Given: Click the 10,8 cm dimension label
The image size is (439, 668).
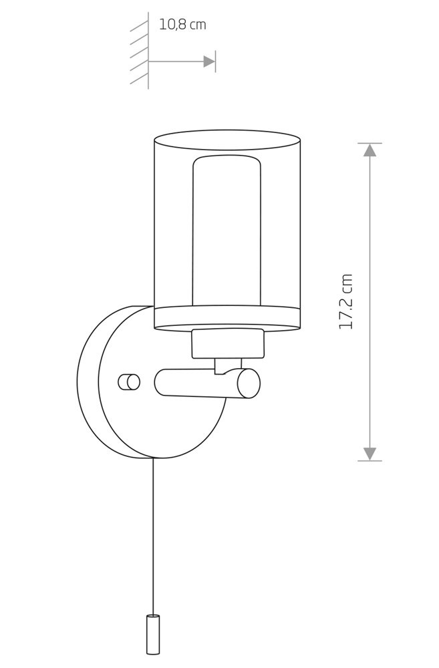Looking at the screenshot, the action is pyautogui.click(x=182, y=24).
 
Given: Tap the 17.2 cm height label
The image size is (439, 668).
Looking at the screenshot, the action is pyautogui.click(x=345, y=301).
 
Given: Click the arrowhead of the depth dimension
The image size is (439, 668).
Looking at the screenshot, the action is pyautogui.click(x=209, y=61).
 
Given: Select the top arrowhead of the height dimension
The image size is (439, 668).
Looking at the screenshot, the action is pyautogui.click(x=370, y=150).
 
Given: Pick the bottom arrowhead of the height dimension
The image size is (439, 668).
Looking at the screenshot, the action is pyautogui.click(x=370, y=454).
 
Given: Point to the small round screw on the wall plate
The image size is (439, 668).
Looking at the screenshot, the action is pyautogui.click(x=129, y=381).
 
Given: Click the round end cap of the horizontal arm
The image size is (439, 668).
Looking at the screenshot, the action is pyautogui.click(x=249, y=383).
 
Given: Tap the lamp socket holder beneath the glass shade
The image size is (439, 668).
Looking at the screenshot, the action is pyautogui.click(x=229, y=343).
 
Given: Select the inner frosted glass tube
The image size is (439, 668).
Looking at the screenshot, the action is pyautogui.click(x=227, y=230).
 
